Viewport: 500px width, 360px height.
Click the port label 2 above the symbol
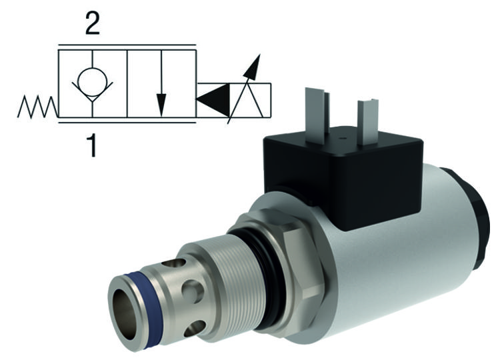[93, 24]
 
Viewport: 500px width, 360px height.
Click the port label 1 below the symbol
[92, 144]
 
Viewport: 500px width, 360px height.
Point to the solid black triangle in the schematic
[212, 101]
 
